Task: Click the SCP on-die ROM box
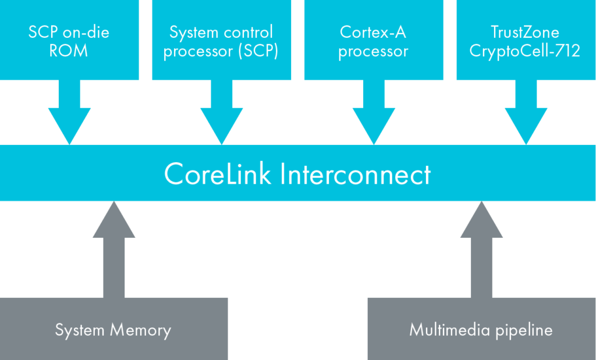click(69, 40)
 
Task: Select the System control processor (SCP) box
click(222, 40)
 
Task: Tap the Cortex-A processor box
click(374, 40)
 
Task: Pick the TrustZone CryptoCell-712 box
click(526, 40)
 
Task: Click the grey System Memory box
click(113, 329)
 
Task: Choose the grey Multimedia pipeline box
click(481, 329)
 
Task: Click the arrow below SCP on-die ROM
click(69, 112)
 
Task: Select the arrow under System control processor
click(222, 112)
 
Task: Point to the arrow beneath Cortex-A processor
click(374, 112)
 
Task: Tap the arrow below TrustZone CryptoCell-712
click(526, 112)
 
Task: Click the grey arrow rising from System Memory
click(113, 249)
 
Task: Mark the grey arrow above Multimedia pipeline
click(481, 249)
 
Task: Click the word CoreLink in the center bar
click(218, 174)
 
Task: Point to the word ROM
click(69, 51)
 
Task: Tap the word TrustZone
click(525, 32)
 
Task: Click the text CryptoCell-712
click(525, 51)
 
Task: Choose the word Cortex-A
click(373, 32)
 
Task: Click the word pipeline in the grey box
click(524, 330)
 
